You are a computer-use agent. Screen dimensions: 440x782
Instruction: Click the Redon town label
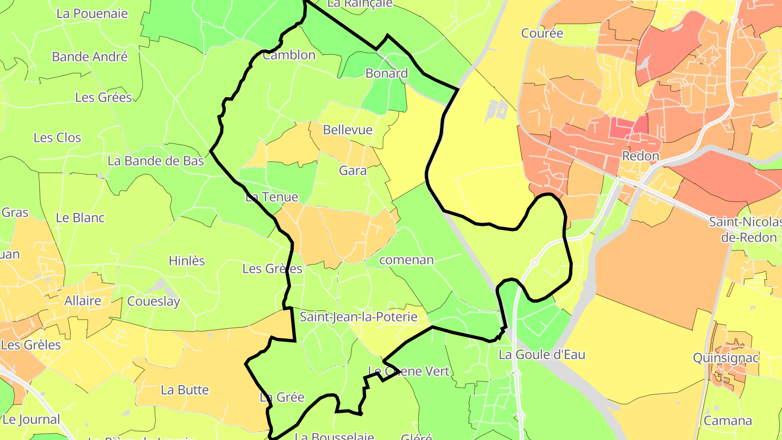pos(640,156)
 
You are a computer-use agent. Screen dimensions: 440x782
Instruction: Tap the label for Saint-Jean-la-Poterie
pos(358,317)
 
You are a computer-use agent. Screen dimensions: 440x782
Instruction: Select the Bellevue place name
pos(348,130)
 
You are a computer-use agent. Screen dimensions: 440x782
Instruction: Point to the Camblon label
pos(289,55)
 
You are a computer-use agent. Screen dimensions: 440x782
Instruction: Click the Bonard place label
pos(387,73)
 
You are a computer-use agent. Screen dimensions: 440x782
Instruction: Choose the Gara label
pos(352,171)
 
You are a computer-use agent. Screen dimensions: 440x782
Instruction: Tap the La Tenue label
pos(272,197)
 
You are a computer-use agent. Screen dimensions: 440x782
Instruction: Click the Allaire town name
pos(83,301)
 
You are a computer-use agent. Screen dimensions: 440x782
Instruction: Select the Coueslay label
pos(153,301)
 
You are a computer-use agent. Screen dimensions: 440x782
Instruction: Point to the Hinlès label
pos(187,261)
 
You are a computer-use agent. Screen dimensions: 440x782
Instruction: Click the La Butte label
pos(185,390)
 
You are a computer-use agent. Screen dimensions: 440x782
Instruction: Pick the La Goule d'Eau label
pos(542,355)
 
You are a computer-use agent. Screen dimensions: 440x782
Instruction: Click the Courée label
pos(542,33)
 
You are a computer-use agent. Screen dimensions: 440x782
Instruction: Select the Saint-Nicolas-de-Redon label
pos(745,229)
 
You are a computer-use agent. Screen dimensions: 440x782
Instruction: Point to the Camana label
pos(728,420)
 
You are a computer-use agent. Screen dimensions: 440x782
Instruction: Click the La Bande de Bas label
pos(156,161)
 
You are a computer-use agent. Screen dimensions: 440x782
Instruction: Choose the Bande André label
pos(90,56)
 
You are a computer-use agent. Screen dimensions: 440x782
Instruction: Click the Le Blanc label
pos(80,218)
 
